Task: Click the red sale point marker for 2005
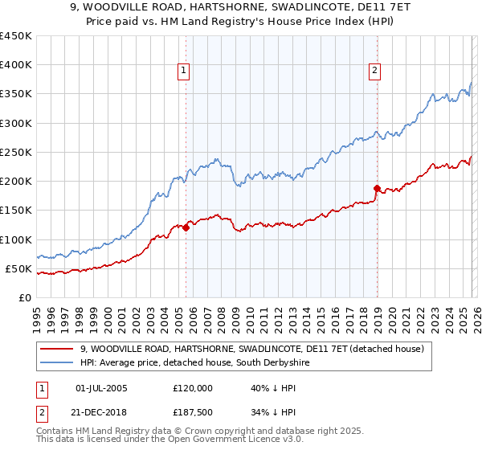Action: pos(186,227)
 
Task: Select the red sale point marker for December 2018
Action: pos(376,188)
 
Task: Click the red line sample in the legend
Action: pos(58,350)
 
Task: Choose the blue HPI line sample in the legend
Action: pos(58,363)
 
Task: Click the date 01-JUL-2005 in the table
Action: pos(100,388)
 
